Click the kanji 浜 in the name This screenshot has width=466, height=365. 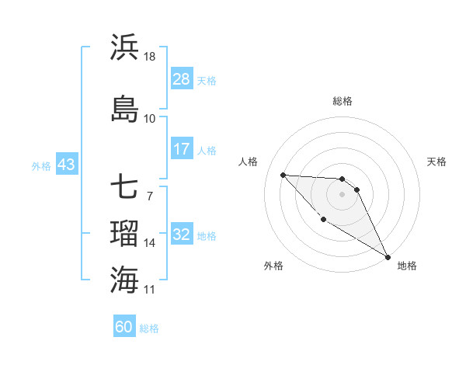(124, 47)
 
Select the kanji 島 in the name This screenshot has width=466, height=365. (124, 109)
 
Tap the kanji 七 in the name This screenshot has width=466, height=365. (124, 187)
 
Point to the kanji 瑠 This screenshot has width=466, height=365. (124, 232)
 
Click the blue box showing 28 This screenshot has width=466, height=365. (182, 79)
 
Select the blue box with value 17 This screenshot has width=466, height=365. (182, 149)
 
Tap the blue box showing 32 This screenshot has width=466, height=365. (182, 235)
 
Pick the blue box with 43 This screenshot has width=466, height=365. (65, 165)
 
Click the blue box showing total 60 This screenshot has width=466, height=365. (124, 327)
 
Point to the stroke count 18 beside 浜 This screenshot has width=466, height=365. (150, 57)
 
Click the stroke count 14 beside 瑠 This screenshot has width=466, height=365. (150, 243)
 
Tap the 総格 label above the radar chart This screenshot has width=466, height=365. (343, 101)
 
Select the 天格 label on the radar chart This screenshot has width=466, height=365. (437, 162)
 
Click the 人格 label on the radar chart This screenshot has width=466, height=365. (248, 162)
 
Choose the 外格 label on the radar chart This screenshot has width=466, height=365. (273, 266)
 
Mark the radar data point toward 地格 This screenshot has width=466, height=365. (388, 257)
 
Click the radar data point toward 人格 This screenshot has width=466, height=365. (283, 175)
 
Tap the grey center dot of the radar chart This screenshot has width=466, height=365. (343, 194)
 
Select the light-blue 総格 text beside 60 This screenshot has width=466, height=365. (150, 328)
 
